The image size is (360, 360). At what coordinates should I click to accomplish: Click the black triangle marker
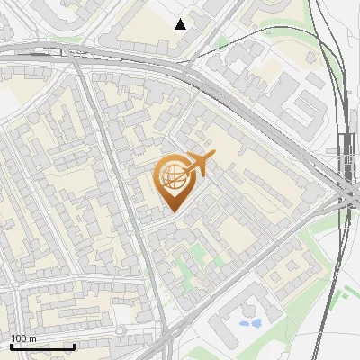pyautogui.click(x=181, y=24)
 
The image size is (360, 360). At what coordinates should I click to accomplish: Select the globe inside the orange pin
pyautogui.click(x=172, y=177)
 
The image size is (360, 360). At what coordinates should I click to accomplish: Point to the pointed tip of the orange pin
pyautogui.click(x=172, y=211)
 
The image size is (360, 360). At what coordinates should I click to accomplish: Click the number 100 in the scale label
pyautogui.click(x=18, y=338)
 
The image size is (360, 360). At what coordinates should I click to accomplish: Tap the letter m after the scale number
pyautogui.click(x=32, y=338)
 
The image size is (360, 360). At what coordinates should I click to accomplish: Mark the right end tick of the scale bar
pyautogui.click(x=74, y=345)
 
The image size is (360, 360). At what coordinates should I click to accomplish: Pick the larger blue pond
pyautogui.click(x=256, y=322)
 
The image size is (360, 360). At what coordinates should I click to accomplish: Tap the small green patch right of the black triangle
pyautogui.click(x=220, y=41)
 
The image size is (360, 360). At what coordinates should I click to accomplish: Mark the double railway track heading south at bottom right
pyautogui.click(x=335, y=297)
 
